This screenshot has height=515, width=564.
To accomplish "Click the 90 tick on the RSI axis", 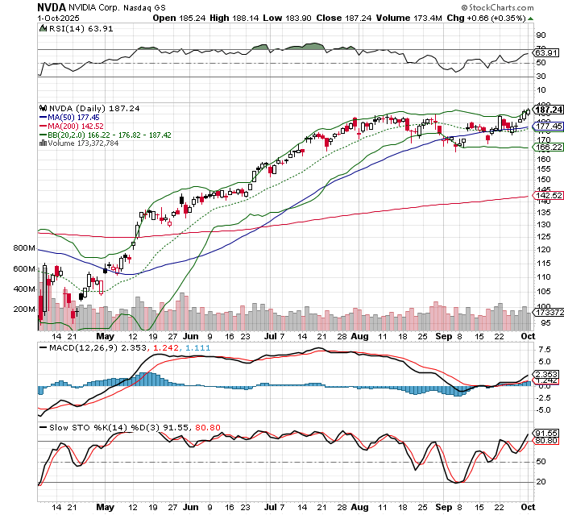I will click(x=541, y=35).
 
